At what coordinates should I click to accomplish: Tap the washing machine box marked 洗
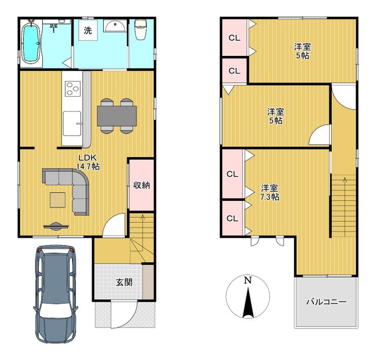(88, 30)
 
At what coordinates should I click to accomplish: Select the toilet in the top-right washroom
(141, 29)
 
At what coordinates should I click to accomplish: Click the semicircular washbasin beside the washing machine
(115, 25)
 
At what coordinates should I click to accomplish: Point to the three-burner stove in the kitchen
(73, 88)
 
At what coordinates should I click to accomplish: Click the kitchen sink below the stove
(72, 123)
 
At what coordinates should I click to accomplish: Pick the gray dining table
(117, 116)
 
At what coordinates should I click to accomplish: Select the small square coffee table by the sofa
(57, 200)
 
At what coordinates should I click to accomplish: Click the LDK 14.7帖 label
(88, 162)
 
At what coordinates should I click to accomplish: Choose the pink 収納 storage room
(141, 185)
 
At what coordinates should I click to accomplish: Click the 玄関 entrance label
(124, 282)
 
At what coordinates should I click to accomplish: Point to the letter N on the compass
(248, 280)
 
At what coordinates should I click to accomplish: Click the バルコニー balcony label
(326, 302)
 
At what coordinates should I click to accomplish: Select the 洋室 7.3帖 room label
(270, 192)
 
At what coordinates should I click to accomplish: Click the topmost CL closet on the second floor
(235, 38)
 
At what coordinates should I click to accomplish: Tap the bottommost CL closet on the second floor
(232, 218)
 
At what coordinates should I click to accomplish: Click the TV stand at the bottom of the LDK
(56, 226)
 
